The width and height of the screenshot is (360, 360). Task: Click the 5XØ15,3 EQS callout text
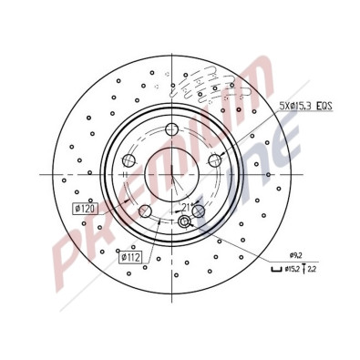click(x=304, y=107)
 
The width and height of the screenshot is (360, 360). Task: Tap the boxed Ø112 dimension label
click(x=132, y=256)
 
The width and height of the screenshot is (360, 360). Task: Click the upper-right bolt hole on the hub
click(x=215, y=161)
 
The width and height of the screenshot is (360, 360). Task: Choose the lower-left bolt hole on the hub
click(x=144, y=211)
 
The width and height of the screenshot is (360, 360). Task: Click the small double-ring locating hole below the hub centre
click(x=184, y=222)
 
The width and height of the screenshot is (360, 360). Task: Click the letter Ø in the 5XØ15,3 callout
click(x=291, y=107)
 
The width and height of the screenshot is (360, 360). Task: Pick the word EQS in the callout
click(x=323, y=107)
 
